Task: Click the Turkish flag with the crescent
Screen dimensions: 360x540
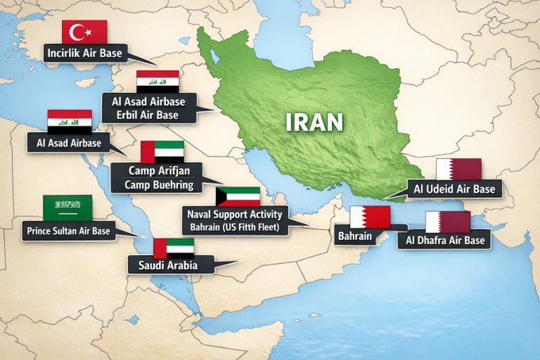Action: point(84,32)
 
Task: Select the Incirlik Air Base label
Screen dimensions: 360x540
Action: point(84,53)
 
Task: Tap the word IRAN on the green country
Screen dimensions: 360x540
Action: point(315,122)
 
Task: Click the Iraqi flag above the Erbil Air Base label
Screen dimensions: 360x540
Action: point(156,81)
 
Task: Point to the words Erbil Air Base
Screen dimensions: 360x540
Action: point(150,115)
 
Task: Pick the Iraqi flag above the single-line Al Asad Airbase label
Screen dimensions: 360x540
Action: point(69,121)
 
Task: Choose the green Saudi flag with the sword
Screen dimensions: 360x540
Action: point(67,208)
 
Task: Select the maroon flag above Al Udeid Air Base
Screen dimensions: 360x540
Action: point(458,169)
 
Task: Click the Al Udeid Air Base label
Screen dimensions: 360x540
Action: point(453,190)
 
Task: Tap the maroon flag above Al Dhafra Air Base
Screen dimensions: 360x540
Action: point(447,222)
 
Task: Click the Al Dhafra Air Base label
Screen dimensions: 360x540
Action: point(444,239)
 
